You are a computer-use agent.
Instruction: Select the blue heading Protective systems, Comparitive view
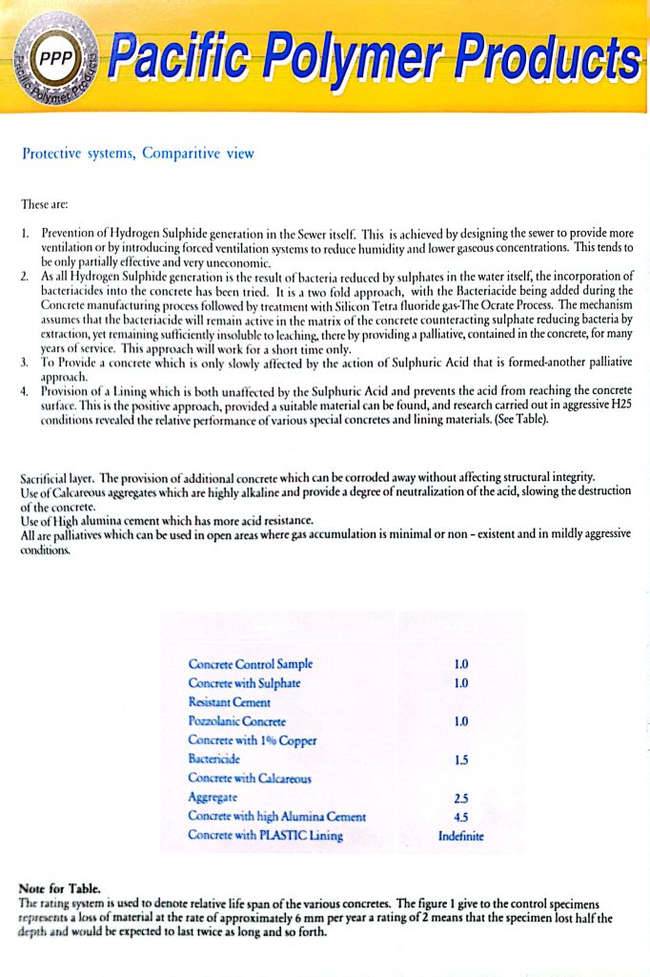(x=137, y=153)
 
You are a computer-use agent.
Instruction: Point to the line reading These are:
(x=45, y=204)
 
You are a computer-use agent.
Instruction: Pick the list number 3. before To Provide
(x=25, y=364)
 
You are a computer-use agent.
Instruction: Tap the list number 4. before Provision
(x=25, y=391)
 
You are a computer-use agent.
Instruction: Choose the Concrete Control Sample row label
(x=250, y=664)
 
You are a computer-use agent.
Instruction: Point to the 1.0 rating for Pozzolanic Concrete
(x=460, y=721)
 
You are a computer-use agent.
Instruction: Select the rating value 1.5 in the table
(x=460, y=759)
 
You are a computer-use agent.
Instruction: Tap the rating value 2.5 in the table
(x=460, y=798)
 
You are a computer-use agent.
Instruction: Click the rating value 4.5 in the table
(x=460, y=817)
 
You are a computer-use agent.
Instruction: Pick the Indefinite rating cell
(x=460, y=836)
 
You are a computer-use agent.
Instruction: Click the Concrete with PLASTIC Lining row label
(x=264, y=836)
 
